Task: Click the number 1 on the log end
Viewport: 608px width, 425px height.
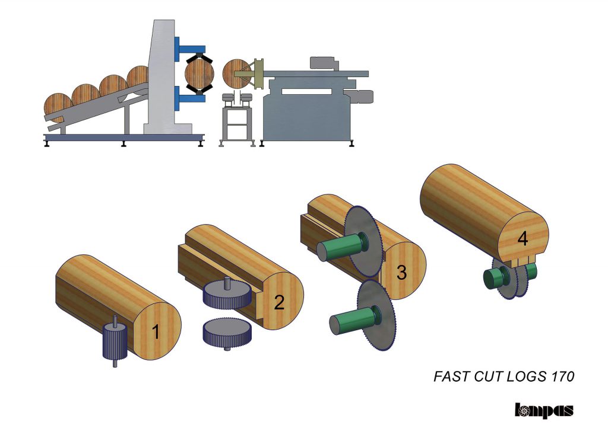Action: point(156,332)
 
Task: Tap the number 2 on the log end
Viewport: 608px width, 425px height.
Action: point(279,302)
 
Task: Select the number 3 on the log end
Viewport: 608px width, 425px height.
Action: point(402,272)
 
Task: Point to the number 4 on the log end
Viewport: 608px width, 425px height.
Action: point(522,238)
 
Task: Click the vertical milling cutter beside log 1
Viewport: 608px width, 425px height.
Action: point(115,341)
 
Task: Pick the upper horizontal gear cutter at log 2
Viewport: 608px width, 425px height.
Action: point(227,294)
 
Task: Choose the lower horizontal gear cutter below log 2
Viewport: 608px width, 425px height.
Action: point(227,333)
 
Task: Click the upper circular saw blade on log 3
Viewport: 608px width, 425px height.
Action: point(363,241)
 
